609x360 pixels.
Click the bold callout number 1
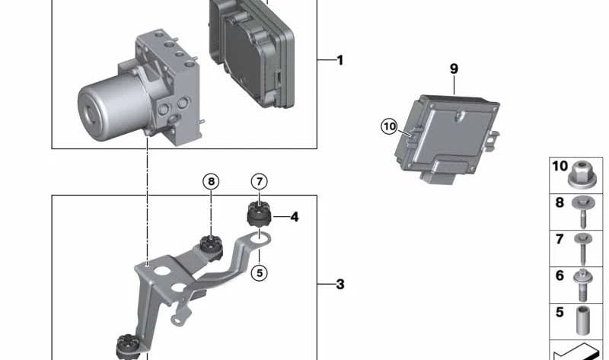pos(340,60)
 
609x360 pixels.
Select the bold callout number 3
pos(340,285)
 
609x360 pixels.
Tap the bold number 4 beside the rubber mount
pos(295,217)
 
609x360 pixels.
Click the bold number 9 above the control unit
pos(454,68)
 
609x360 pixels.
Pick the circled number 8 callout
pos(211,181)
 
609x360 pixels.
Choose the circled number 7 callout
pos(260,181)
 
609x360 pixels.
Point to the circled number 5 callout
pos(260,273)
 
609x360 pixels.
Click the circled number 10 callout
pos(389,126)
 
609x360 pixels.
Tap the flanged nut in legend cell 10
pos(582,176)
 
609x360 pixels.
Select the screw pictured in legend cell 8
pos(583,212)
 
